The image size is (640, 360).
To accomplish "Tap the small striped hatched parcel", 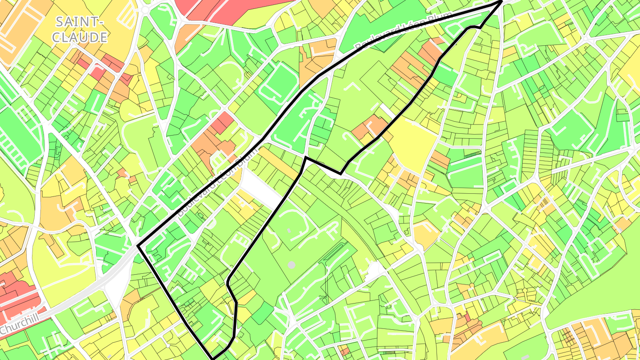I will (x=472, y=154).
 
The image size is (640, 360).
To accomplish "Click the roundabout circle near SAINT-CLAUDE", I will (x=145, y=9).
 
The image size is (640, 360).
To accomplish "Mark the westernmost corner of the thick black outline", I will (x=138, y=246).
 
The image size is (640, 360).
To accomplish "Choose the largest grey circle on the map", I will (x=291, y=265).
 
